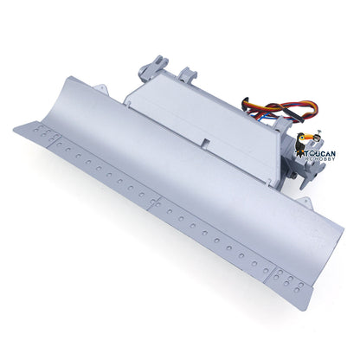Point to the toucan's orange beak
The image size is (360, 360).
tap(317, 138)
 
